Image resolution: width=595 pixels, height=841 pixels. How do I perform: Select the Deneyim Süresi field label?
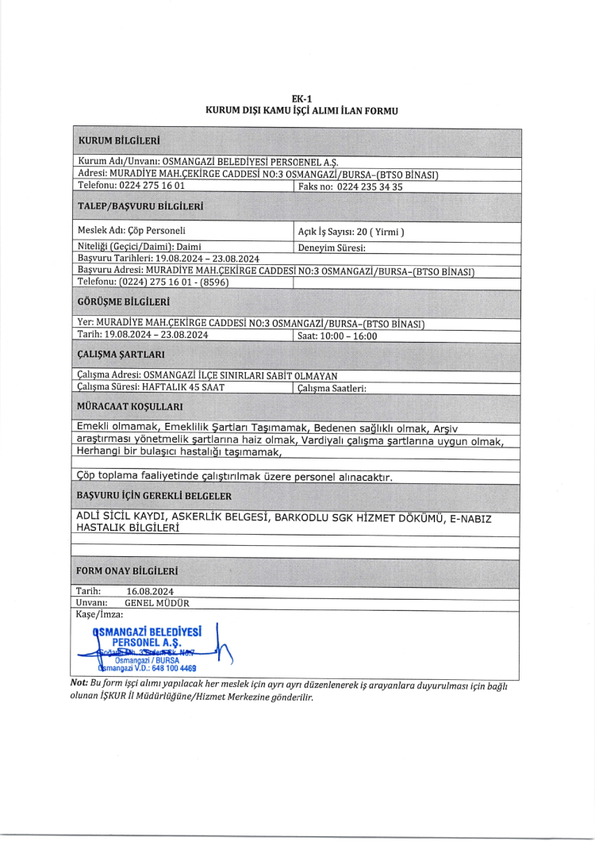click(330, 248)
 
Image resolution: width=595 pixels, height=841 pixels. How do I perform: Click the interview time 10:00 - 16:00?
click(350, 336)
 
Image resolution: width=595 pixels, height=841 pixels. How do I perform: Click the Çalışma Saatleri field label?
click(330, 388)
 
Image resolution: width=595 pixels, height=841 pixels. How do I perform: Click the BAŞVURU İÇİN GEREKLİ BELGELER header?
click(154, 495)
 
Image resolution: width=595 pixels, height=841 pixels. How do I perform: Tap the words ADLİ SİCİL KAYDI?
click(120, 517)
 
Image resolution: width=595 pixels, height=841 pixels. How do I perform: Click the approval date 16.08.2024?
click(150, 591)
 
